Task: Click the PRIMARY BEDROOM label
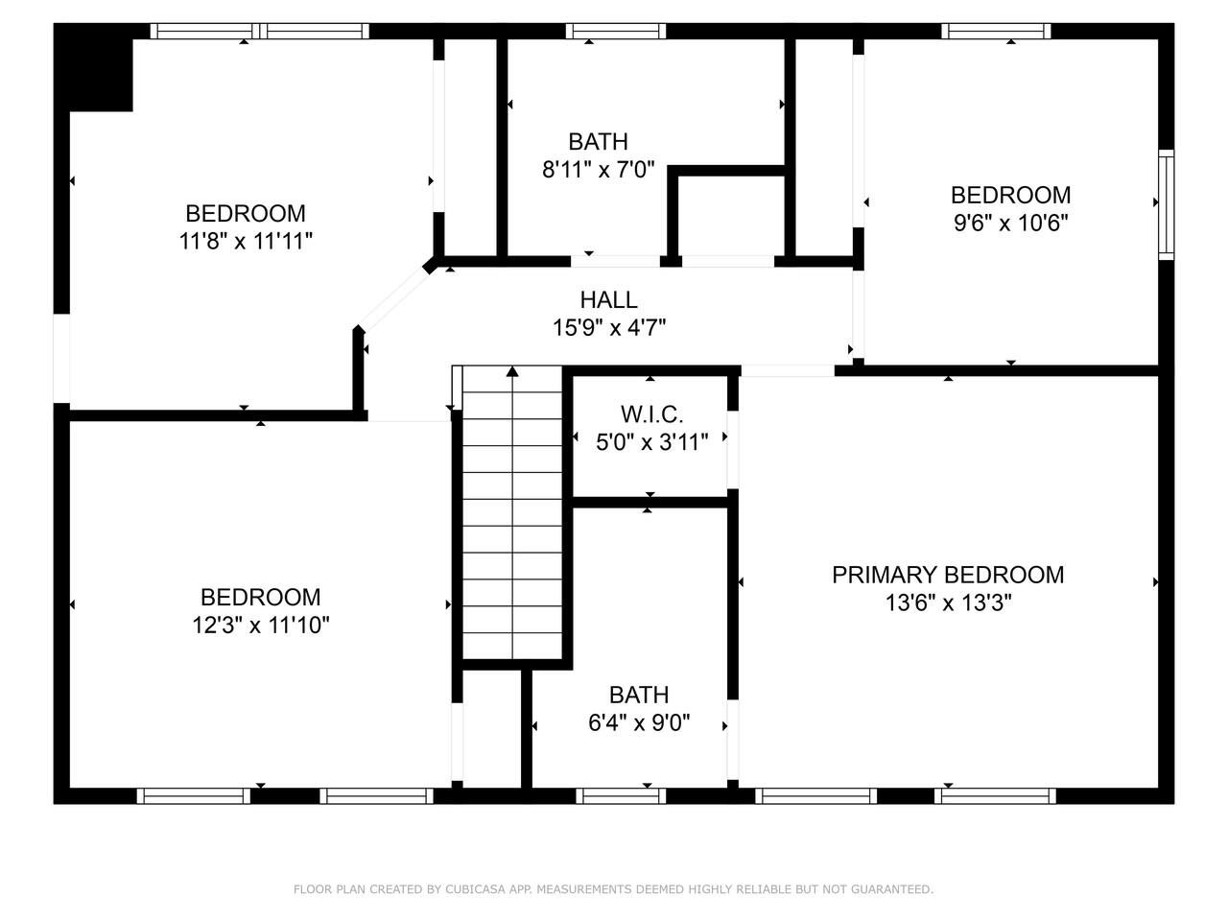point(948,575)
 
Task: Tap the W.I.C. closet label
point(651,414)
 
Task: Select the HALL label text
point(608,299)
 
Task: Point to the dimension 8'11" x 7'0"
point(598,169)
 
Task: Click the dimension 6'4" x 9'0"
point(639,722)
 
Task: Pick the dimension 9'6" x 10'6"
point(1010,223)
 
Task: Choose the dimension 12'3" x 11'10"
point(261,625)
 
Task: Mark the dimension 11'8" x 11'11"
point(246,241)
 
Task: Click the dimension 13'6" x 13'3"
point(948,602)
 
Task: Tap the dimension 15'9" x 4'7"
point(609,327)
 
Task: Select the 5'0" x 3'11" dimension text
point(651,442)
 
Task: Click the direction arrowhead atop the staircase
point(512,371)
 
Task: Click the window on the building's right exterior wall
point(1166,204)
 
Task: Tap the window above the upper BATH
point(615,32)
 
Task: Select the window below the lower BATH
point(621,795)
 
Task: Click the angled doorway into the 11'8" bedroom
point(395,298)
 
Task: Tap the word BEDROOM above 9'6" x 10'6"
point(1010,195)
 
